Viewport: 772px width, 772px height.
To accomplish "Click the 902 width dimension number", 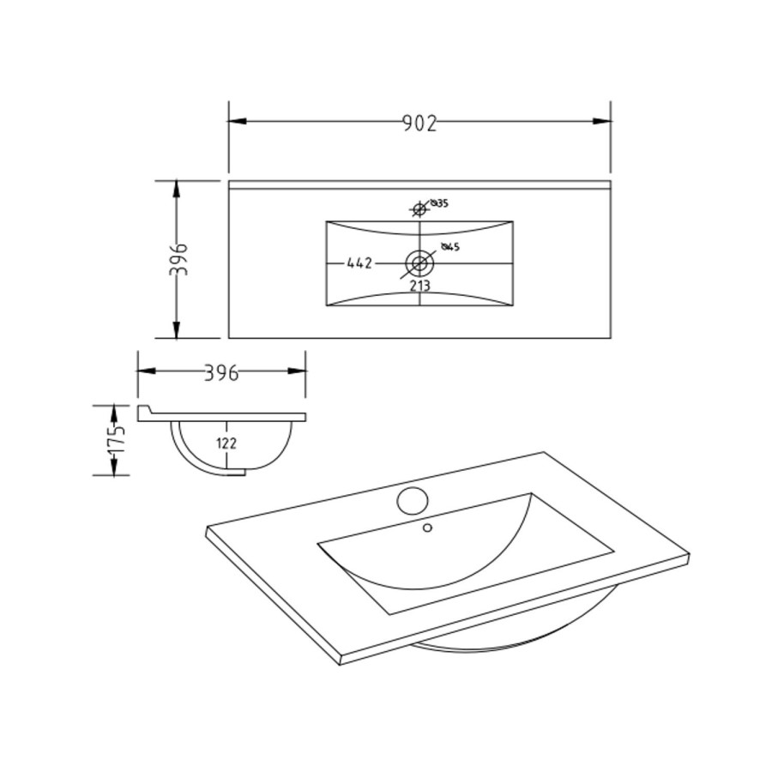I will coord(419,124).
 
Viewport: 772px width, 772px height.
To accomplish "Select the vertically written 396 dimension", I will coord(178,259).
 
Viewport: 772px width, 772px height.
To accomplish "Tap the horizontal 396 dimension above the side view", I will coord(221,372).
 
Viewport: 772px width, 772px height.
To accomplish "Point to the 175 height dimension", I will coord(118,439).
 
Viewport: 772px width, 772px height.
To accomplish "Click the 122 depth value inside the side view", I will coord(226,443).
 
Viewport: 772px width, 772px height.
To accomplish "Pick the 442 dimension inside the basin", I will coord(359,263).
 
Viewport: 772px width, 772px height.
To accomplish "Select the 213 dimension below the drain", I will coord(419,286).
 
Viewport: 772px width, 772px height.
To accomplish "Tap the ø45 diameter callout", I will coord(451,247).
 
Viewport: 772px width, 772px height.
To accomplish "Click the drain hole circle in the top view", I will coord(419,262).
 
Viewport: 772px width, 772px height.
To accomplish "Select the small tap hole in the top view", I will coord(419,208).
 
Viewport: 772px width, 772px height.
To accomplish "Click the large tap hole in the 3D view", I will coord(413,498).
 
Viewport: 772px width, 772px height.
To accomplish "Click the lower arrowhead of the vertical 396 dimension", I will coord(177,329).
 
